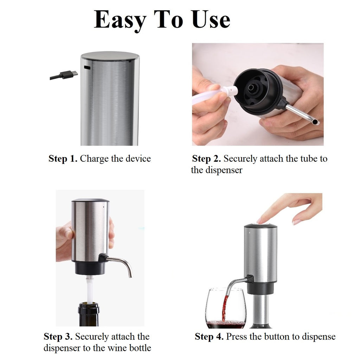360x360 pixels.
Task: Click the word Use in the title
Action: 210,19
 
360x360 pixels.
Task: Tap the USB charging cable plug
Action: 69,75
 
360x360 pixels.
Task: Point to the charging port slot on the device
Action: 87,67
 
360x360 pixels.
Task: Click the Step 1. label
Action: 63,159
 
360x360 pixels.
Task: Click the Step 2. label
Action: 206,159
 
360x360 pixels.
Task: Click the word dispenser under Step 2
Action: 224,171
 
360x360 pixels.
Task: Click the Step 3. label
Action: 58,336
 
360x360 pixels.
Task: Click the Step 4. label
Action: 209,336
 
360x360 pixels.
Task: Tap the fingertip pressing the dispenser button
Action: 260,221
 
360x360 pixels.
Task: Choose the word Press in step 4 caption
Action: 237,336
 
